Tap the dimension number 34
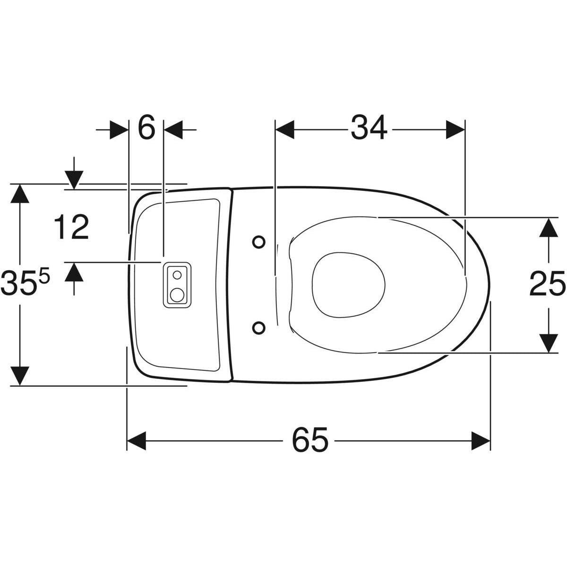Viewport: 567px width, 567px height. [369, 128]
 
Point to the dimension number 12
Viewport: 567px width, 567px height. [71, 227]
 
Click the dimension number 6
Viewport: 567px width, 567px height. [146, 128]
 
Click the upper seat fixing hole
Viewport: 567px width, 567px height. [259, 242]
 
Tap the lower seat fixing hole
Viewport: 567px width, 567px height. [259, 328]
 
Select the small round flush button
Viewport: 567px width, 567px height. [177, 275]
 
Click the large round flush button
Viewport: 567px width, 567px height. [177, 295]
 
